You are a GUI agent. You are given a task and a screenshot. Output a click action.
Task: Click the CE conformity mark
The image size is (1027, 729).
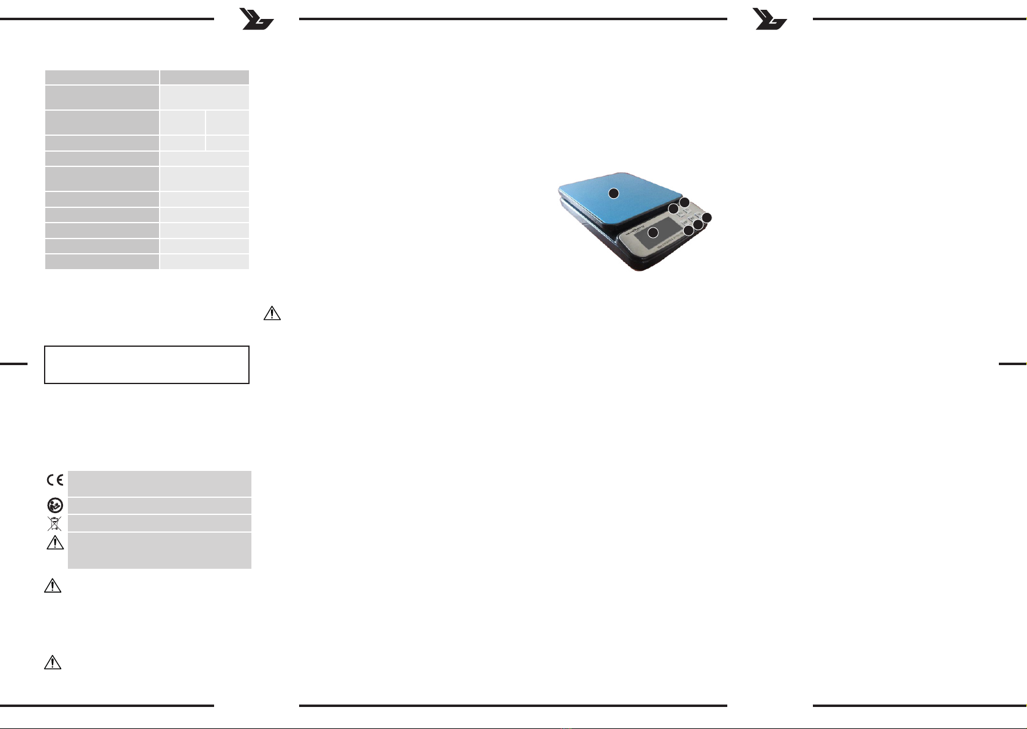coord(55,479)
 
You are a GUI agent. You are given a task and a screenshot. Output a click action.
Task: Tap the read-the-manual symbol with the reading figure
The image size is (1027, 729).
coord(55,505)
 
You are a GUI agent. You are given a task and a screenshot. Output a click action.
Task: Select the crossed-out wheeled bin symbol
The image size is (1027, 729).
coord(54,524)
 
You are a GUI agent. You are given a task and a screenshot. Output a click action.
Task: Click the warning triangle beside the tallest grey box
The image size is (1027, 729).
coord(55,542)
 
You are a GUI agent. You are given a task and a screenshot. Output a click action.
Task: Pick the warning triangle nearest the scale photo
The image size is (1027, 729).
coord(272,313)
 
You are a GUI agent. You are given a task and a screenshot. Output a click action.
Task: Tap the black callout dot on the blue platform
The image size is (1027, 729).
coord(614,193)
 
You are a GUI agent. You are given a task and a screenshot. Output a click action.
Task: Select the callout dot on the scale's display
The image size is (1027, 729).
coord(653,232)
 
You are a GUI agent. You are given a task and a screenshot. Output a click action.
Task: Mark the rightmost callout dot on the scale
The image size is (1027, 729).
coord(706,218)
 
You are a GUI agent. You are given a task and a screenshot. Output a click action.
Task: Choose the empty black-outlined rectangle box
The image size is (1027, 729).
coord(147,364)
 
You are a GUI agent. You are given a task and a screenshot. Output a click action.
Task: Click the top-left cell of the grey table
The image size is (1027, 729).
coord(102,77)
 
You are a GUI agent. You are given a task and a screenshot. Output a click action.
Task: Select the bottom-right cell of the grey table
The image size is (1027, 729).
coord(204,262)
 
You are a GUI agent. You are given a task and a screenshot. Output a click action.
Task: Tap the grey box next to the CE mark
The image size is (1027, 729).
coord(159,483)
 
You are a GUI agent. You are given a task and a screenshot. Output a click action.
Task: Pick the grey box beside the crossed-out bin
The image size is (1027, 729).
coord(159,523)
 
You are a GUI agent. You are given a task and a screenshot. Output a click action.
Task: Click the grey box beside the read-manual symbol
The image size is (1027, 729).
coord(159,505)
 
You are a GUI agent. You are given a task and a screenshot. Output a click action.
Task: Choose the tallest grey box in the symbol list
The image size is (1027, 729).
coord(159,550)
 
